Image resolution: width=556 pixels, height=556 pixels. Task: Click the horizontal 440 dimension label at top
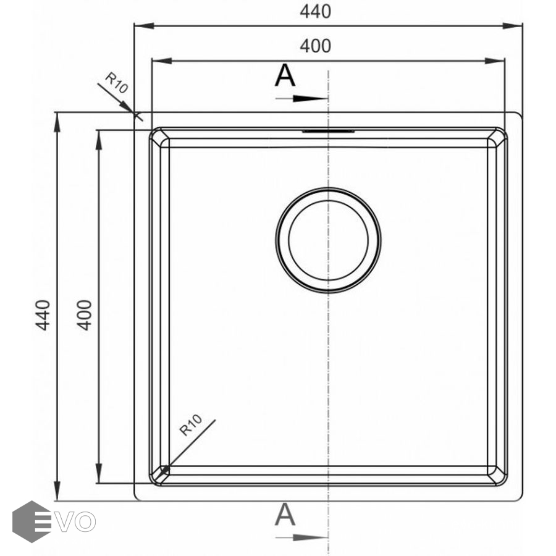click(315, 12)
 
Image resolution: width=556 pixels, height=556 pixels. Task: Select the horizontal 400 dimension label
click(315, 46)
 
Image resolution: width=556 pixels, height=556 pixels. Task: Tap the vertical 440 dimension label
click(43, 315)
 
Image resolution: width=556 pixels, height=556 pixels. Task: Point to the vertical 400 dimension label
click(85, 315)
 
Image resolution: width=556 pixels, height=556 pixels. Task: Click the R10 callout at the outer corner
click(117, 83)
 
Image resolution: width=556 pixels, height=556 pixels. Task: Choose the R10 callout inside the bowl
click(190, 425)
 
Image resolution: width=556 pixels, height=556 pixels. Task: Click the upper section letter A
click(285, 75)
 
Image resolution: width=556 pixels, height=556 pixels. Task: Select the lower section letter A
click(285, 515)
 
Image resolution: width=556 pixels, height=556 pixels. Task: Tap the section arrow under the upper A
click(301, 99)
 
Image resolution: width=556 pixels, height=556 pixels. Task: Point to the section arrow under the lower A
click(301, 537)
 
